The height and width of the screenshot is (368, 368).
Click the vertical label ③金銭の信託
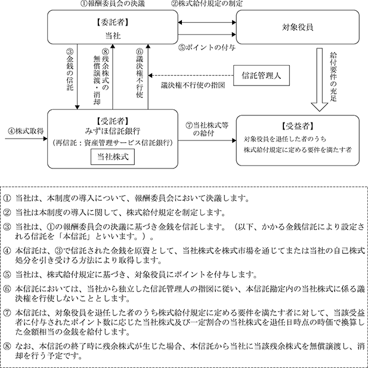(69, 70)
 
